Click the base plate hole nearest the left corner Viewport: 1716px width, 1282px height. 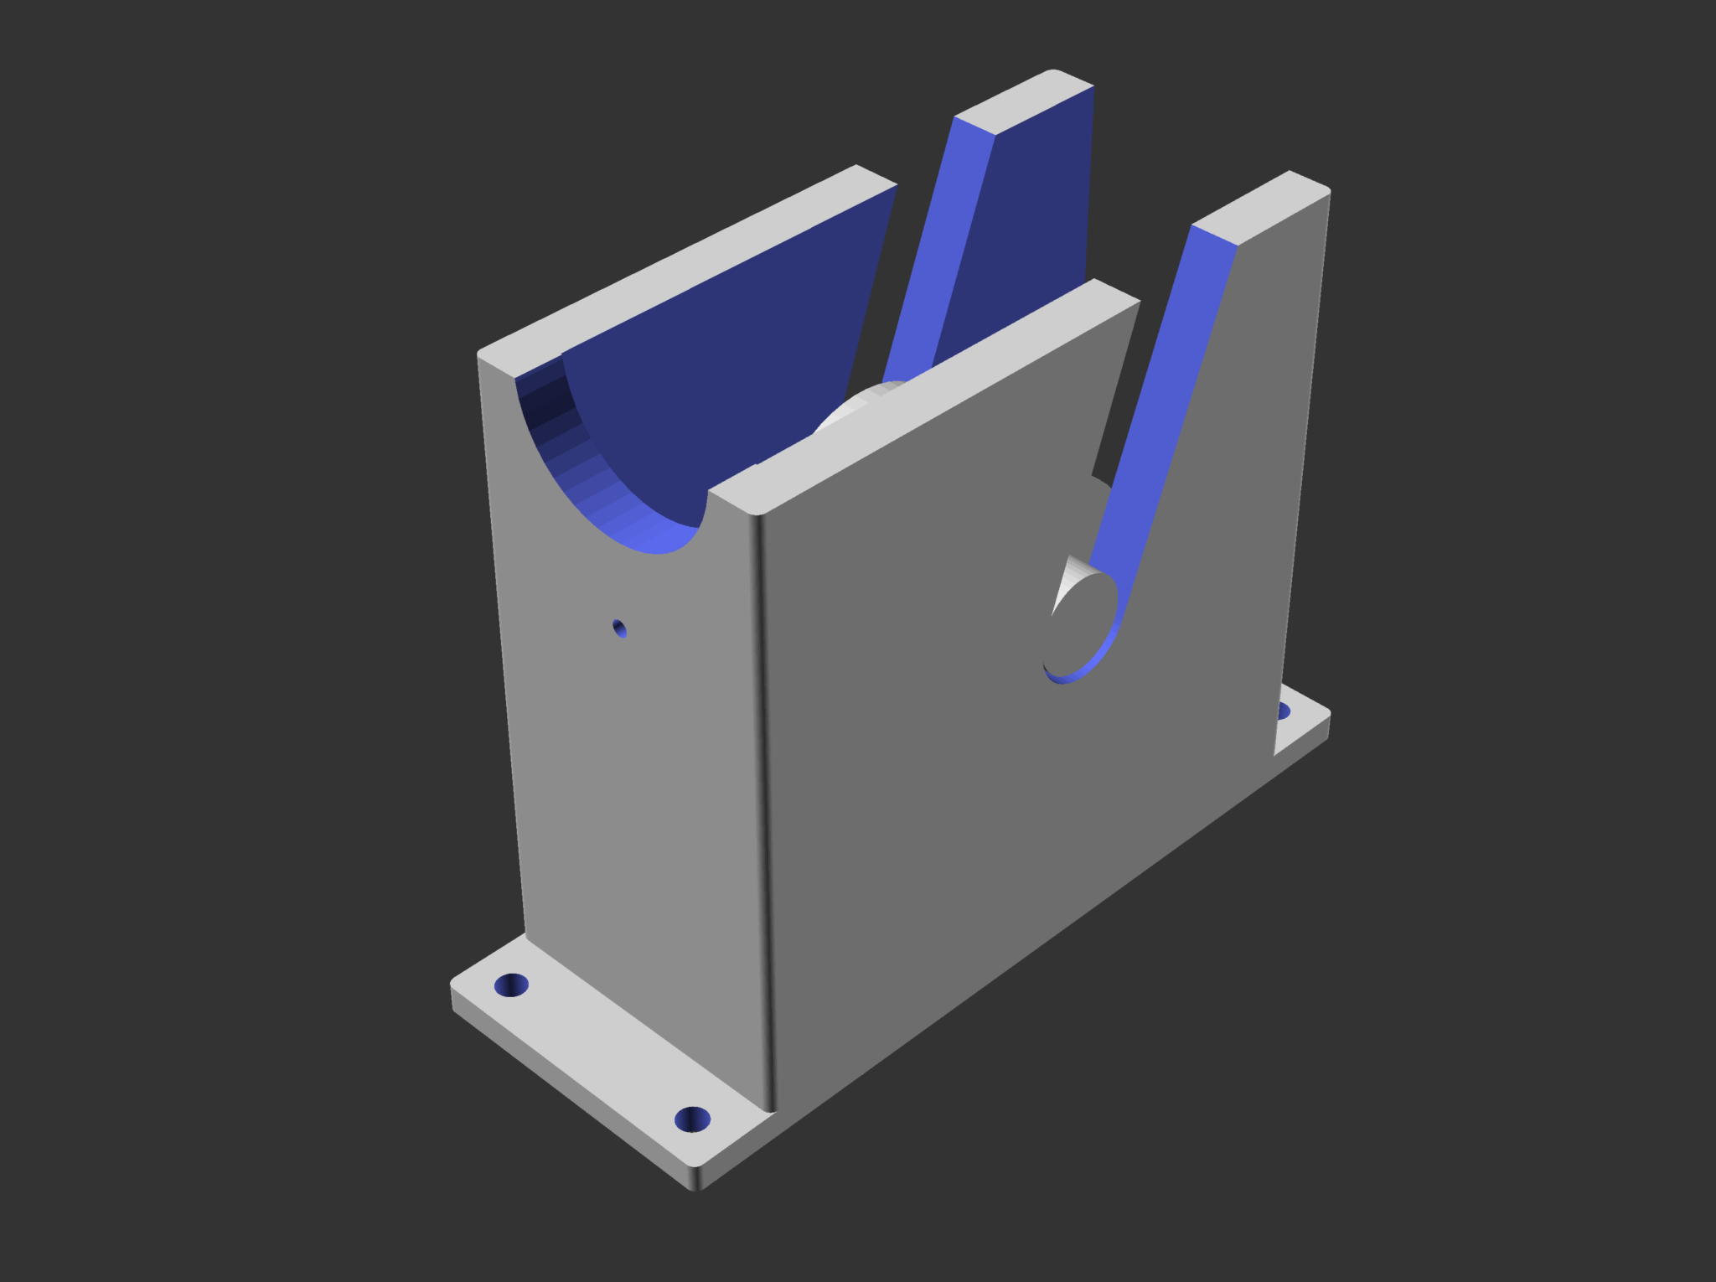(511, 985)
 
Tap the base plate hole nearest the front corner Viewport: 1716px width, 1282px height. (692, 1119)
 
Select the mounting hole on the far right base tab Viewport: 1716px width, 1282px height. (1283, 711)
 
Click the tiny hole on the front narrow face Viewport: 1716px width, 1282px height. (620, 628)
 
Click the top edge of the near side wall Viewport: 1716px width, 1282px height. (922, 394)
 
